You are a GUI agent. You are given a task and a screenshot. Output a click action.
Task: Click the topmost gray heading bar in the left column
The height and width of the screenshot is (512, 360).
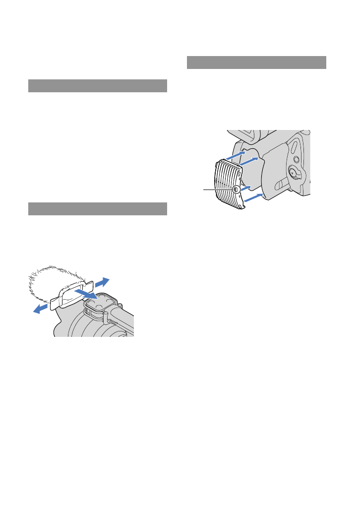click(97, 86)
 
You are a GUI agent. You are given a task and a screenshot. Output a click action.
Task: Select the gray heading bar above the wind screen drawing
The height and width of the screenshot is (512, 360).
click(97, 209)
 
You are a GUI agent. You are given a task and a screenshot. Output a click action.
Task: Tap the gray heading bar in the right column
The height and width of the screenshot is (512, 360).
click(257, 63)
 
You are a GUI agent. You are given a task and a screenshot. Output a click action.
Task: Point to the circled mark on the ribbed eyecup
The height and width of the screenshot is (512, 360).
click(237, 189)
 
